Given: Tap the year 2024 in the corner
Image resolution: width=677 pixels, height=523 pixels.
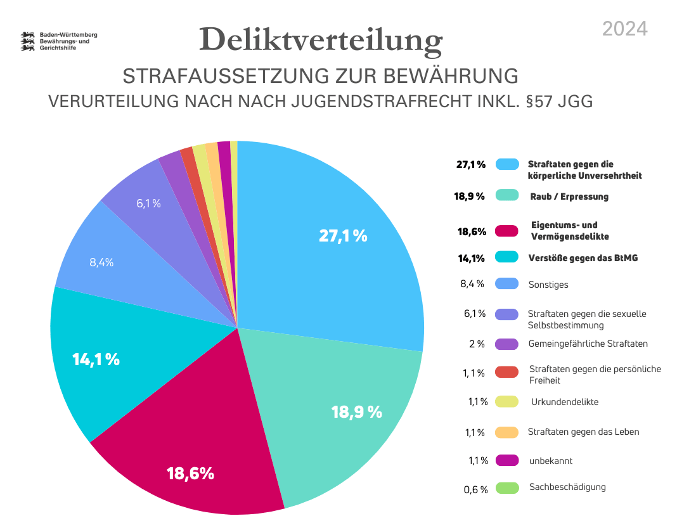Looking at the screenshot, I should [624, 29].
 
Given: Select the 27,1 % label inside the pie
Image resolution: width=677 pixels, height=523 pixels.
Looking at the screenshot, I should [343, 236].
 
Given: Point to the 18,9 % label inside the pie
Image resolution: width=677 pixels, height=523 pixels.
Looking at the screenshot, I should [356, 411].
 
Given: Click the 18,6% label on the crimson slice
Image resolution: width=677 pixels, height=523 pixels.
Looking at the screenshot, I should [190, 473].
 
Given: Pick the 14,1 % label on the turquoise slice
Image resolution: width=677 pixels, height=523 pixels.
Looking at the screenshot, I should [96, 359].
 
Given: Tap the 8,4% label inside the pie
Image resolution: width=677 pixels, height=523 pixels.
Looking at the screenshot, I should [101, 262].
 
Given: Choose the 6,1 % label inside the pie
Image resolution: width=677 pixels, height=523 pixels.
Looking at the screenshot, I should [148, 203].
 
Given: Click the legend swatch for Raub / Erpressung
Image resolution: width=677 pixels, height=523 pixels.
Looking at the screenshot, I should [508, 196].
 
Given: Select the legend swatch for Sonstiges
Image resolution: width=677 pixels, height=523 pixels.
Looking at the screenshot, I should [508, 284].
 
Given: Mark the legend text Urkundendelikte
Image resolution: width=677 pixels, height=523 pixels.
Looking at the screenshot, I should [564, 402].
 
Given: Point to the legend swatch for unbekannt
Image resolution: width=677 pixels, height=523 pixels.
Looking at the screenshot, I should [508, 460].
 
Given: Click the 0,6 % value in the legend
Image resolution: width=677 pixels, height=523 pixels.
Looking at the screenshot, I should [475, 489].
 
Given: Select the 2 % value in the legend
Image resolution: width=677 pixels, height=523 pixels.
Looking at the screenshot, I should [477, 344].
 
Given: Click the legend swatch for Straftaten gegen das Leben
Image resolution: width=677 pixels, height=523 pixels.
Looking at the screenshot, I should [508, 432].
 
